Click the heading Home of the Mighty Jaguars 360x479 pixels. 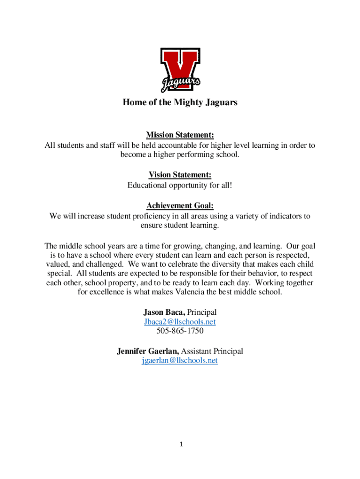[180, 102]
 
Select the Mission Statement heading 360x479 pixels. [180, 135]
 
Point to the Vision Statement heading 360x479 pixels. [180, 175]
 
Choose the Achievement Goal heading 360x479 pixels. [180, 205]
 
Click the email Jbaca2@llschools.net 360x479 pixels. [180, 322]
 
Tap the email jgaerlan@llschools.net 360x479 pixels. [180, 360]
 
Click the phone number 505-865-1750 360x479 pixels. [180, 331]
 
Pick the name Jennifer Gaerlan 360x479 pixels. [148, 351]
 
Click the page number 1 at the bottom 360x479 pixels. [180, 444]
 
